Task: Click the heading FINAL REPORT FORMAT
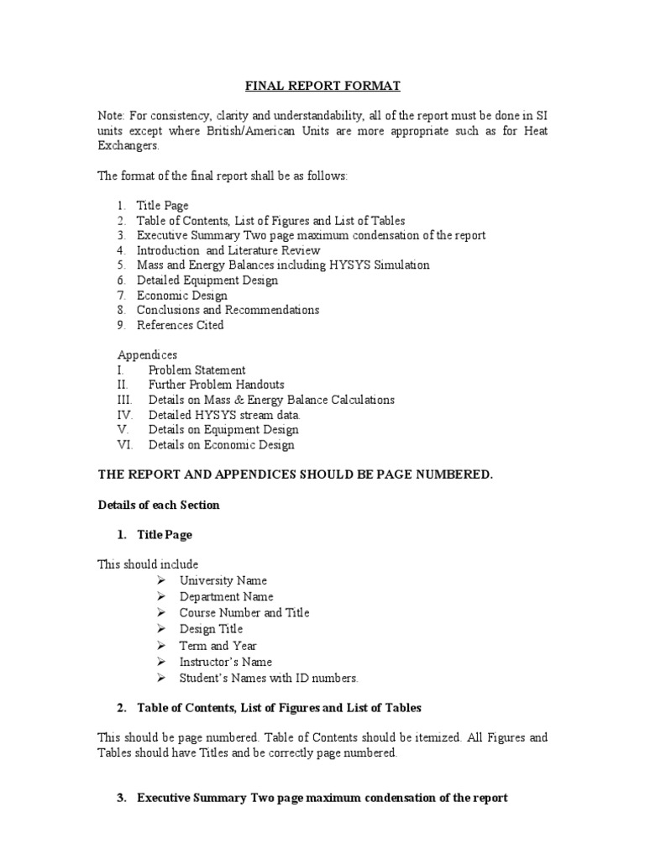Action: click(x=322, y=86)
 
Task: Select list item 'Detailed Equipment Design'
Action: click(x=207, y=281)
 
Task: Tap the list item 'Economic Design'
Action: click(x=181, y=296)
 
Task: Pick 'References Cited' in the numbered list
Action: click(x=180, y=325)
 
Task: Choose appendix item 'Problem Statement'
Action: click(x=197, y=370)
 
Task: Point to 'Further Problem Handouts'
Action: click(x=216, y=385)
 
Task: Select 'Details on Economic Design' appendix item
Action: click(x=221, y=445)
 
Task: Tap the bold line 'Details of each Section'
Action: click(x=159, y=505)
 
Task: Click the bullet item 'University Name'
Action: click(x=223, y=580)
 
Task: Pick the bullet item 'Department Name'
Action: click(x=226, y=596)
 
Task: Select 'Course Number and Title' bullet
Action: click(x=244, y=612)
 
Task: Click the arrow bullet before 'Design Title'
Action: click(x=161, y=629)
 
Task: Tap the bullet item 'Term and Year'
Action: click(x=218, y=645)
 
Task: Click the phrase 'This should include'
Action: click(x=148, y=564)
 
